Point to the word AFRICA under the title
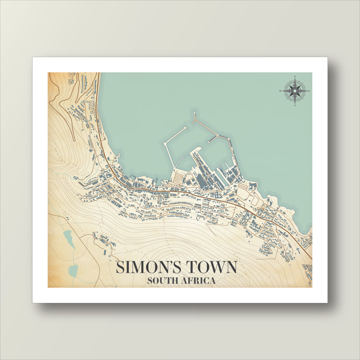pos(199,281)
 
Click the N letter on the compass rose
pos(295,77)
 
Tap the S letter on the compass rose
pos(295,105)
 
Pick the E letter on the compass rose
pos(309,91)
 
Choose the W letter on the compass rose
pos(280,91)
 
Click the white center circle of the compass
pos(295,91)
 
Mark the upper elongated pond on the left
pos(69,239)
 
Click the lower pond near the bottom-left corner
pos(73,270)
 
